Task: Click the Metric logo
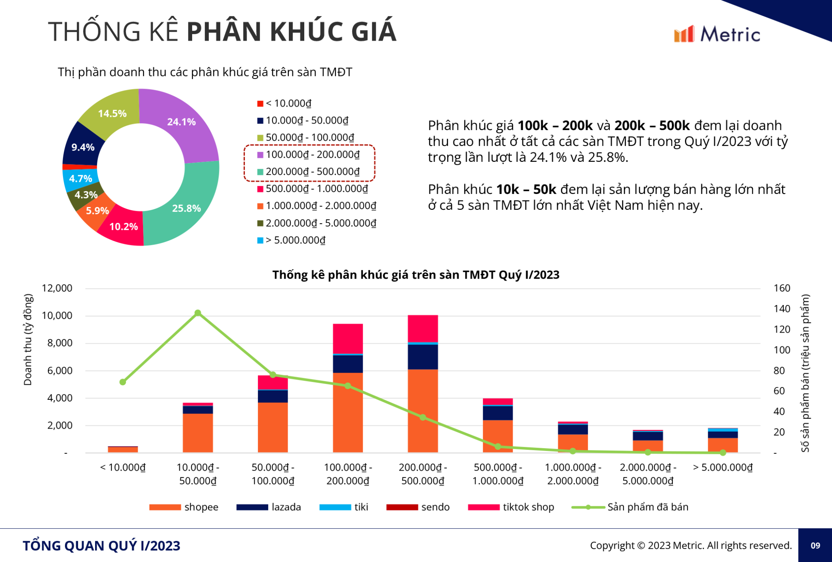point(717,34)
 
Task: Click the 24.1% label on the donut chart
point(181,122)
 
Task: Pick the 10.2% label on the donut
point(123,227)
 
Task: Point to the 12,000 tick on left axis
point(57,288)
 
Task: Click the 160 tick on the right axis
point(782,288)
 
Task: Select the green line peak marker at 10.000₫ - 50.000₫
point(198,313)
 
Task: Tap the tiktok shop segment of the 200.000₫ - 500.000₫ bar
point(422,329)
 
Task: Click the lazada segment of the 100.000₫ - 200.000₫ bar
point(348,364)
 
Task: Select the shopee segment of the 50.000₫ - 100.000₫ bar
point(273,427)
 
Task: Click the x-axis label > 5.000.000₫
point(723,467)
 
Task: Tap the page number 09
point(815,545)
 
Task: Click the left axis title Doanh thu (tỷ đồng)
point(28,340)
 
